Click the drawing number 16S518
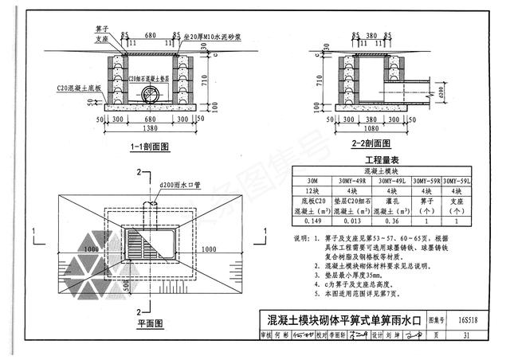(469, 321)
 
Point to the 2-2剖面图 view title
(370, 143)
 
